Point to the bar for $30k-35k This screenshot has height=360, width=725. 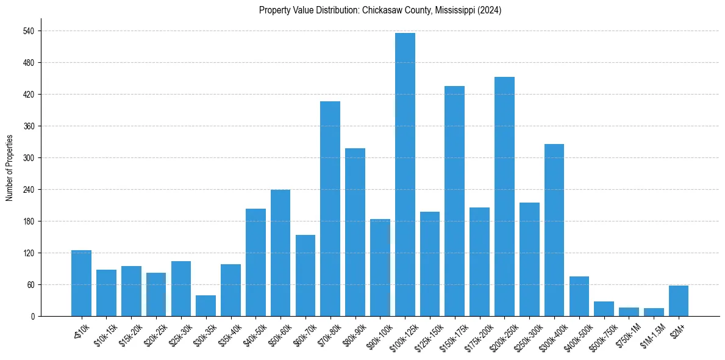pyautogui.click(x=205, y=306)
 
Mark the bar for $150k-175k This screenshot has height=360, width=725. pyautogui.click(x=454, y=201)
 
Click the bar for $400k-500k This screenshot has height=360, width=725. pyautogui.click(x=579, y=297)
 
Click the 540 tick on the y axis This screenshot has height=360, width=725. pyautogui.click(x=28, y=31)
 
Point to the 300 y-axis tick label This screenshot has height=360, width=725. pyautogui.click(x=28, y=158)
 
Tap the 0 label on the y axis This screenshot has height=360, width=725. pyautogui.click(x=32, y=317)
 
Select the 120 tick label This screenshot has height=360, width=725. pyautogui.click(x=28, y=253)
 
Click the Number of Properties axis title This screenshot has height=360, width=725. pyautogui.click(x=9, y=168)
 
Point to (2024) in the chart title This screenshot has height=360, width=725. pyautogui.click(x=488, y=10)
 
